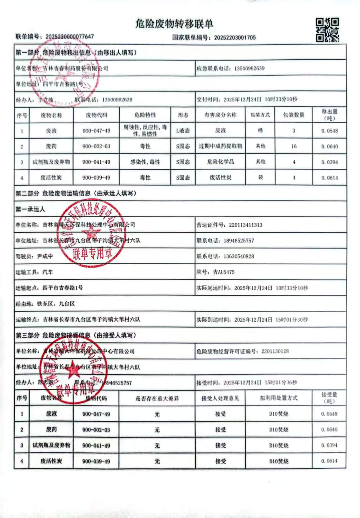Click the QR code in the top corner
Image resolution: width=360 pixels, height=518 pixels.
(x=327, y=30)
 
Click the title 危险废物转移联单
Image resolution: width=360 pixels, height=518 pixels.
(x=174, y=24)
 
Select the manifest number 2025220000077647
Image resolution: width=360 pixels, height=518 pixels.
(x=70, y=37)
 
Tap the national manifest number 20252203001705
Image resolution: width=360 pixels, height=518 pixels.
(x=235, y=37)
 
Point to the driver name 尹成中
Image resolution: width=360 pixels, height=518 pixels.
(x=45, y=256)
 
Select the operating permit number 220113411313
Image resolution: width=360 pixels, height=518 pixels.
(x=245, y=225)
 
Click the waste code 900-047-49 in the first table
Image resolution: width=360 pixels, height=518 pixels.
(x=96, y=131)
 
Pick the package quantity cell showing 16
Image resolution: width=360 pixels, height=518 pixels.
(x=294, y=146)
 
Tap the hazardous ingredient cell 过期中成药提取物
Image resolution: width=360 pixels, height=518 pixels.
(x=220, y=146)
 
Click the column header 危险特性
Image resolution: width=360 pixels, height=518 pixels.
(x=145, y=115)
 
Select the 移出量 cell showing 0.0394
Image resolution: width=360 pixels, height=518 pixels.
(x=330, y=162)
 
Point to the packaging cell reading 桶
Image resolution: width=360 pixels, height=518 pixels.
(x=260, y=130)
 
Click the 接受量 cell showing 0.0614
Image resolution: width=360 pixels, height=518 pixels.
(x=329, y=461)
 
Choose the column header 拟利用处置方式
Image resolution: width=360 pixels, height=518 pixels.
(x=278, y=398)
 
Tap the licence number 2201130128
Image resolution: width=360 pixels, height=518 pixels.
(x=275, y=351)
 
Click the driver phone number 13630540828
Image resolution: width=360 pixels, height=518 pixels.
(x=239, y=256)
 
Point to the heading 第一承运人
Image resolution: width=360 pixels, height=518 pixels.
(x=30, y=209)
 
